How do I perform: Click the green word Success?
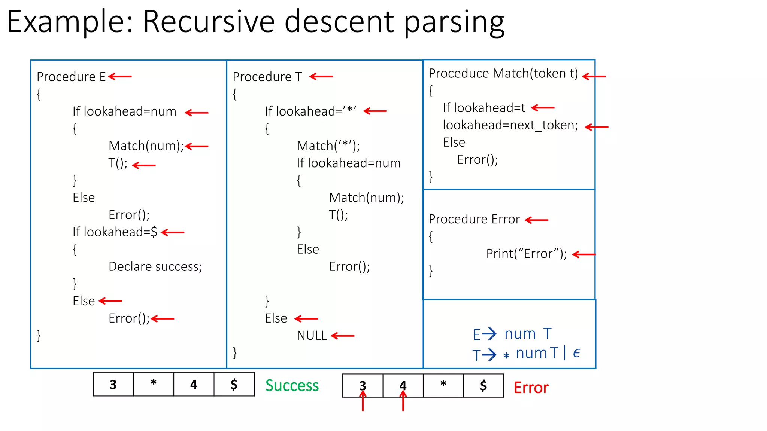292,385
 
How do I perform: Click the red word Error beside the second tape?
531,388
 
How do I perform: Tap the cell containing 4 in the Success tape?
194,385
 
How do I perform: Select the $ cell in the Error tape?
483,386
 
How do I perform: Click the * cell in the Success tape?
154,384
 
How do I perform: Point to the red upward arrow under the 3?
363,401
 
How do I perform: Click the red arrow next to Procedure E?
120,77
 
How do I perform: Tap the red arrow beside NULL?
343,336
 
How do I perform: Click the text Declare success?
155,266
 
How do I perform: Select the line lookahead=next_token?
510,125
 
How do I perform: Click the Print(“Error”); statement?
526,254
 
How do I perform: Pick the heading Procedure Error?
474,219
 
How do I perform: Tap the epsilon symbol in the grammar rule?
576,353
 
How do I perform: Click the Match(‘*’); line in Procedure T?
328,146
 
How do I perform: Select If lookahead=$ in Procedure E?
115,232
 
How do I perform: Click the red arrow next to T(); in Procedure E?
144,165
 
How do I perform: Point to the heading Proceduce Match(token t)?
503,74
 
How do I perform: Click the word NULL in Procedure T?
312,336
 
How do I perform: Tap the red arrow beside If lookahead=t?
543,108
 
